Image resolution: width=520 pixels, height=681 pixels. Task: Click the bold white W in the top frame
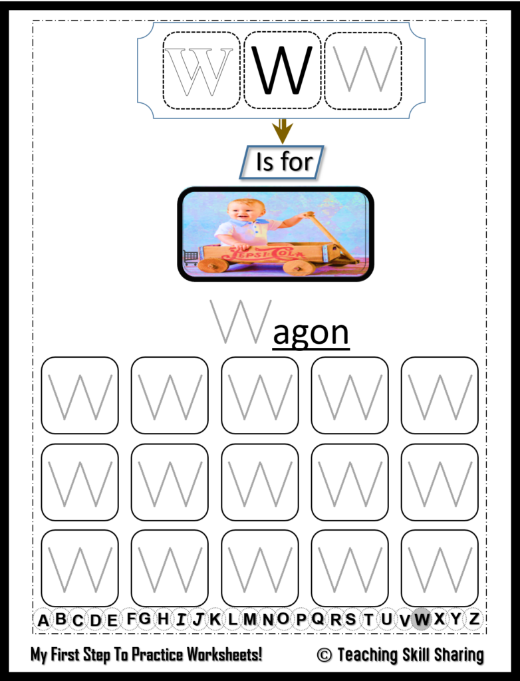(x=198, y=71)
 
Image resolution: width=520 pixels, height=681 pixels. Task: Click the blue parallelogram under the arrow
(x=281, y=162)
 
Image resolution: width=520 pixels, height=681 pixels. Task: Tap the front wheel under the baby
(x=213, y=265)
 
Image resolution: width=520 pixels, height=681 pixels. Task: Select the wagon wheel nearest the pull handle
(x=299, y=267)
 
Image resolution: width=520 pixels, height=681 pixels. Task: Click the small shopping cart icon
(x=190, y=257)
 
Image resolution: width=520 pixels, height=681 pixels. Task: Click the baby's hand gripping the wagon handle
(x=307, y=215)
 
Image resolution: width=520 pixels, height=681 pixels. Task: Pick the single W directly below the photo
(x=240, y=321)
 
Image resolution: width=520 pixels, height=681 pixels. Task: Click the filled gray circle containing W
(x=421, y=619)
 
